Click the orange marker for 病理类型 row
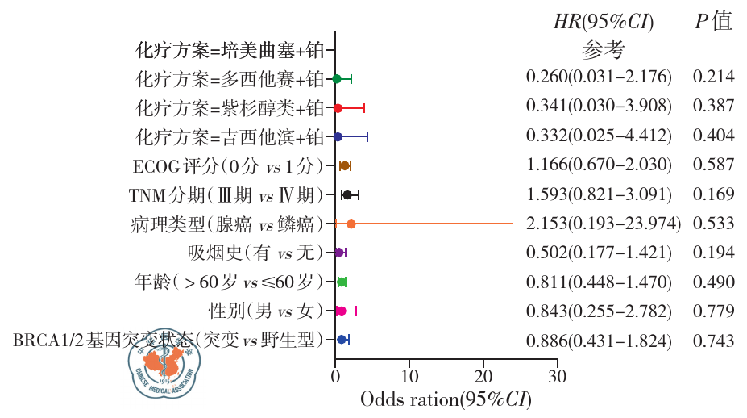[351, 224]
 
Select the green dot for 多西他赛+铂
[338, 78]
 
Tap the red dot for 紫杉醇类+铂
[338, 107]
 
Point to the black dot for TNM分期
[347, 194]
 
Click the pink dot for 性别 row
[342, 311]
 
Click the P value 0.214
[713, 77]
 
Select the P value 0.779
[713, 310]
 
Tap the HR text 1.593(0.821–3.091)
[599, 194]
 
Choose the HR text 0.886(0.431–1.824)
[599, 340]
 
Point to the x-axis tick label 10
[409, 376]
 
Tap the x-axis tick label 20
[483, 376]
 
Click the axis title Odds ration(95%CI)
[446, 399]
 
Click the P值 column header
[713, 22]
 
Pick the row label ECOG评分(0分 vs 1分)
[228, 166]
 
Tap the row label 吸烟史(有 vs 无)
[255, 253]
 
